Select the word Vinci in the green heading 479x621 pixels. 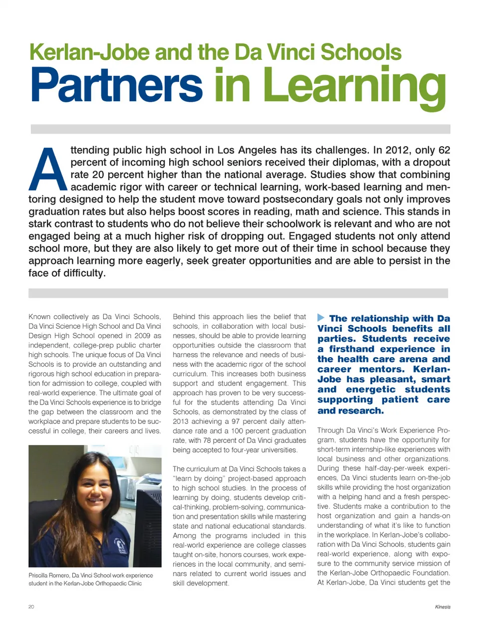[x=291, y=52]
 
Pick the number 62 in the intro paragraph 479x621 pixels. [x=444, y=150]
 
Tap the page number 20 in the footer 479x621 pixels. [x=31, y=607]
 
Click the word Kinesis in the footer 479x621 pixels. [x=442, y=607]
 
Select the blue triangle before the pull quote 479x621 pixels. [x=321, y=318]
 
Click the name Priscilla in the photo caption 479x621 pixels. [x=38, y=575]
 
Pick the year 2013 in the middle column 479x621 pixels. [x=181, y=421]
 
